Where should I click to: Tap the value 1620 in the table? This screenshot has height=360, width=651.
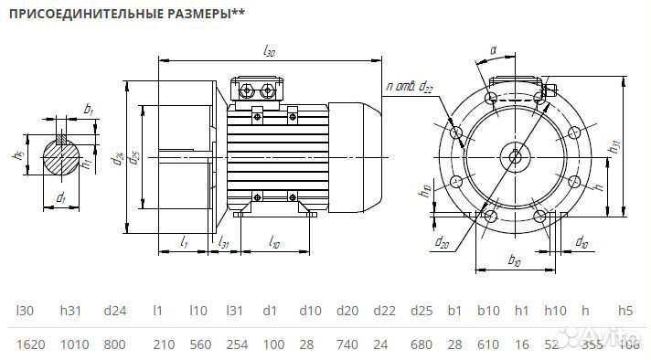31,344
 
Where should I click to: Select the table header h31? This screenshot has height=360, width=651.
71,312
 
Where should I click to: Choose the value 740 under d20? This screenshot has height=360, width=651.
347,344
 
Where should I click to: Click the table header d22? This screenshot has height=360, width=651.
386,312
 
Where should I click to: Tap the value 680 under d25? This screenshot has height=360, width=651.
422,344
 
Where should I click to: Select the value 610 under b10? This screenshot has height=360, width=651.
487,344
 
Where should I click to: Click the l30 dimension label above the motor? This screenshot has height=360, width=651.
269,52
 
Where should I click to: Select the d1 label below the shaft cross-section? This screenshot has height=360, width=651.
61,197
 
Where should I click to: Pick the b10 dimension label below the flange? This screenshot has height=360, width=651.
514,261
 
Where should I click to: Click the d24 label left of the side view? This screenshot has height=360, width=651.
118,155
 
